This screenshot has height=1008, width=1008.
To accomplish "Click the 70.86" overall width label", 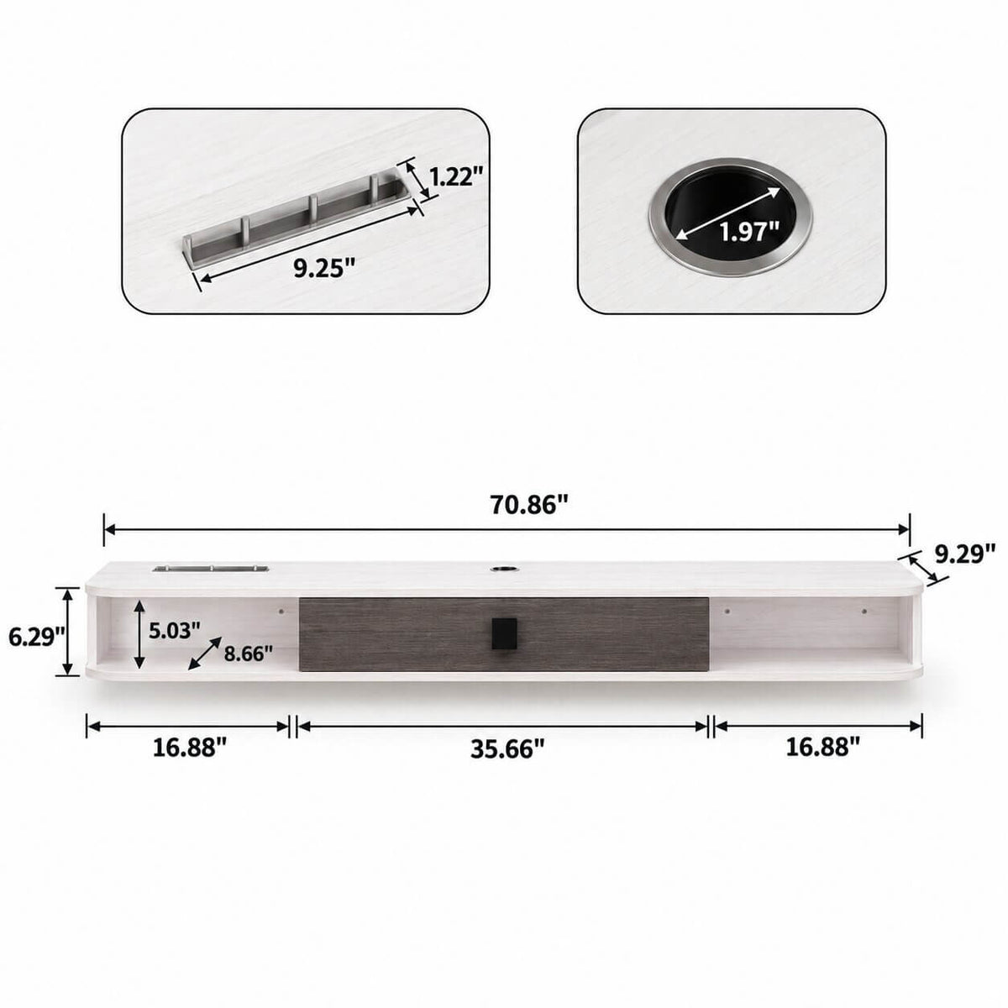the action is pos(529,504).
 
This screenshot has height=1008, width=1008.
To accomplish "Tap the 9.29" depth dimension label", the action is pos(965,554).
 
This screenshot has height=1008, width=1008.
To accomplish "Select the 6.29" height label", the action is pos(37,637).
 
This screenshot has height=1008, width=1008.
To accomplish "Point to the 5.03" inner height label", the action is pos(175,630).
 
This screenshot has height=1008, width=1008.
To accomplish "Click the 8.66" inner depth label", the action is pos(249,654).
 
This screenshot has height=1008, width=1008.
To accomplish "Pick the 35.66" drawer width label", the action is pos(508,749).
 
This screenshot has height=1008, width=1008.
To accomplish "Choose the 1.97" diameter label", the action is pos(749,231).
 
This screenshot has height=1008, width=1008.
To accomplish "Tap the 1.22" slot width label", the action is pos(456,176).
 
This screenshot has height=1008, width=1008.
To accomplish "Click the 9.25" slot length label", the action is pos(324,269).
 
